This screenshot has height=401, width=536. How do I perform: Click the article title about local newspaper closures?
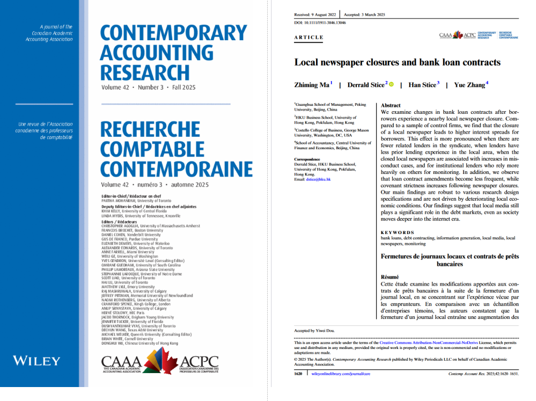tap(397, 62)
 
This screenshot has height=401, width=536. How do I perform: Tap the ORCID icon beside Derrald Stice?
tap(391, 84)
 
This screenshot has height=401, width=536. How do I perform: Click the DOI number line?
tap(320, 23)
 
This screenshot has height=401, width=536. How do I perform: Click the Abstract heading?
tap(391, 106)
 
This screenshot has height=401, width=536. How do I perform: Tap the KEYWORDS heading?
tap(397, 232)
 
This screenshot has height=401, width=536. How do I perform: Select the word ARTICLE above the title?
tap(309, 38)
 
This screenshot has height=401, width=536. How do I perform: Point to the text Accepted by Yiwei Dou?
tap(315, 331)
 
